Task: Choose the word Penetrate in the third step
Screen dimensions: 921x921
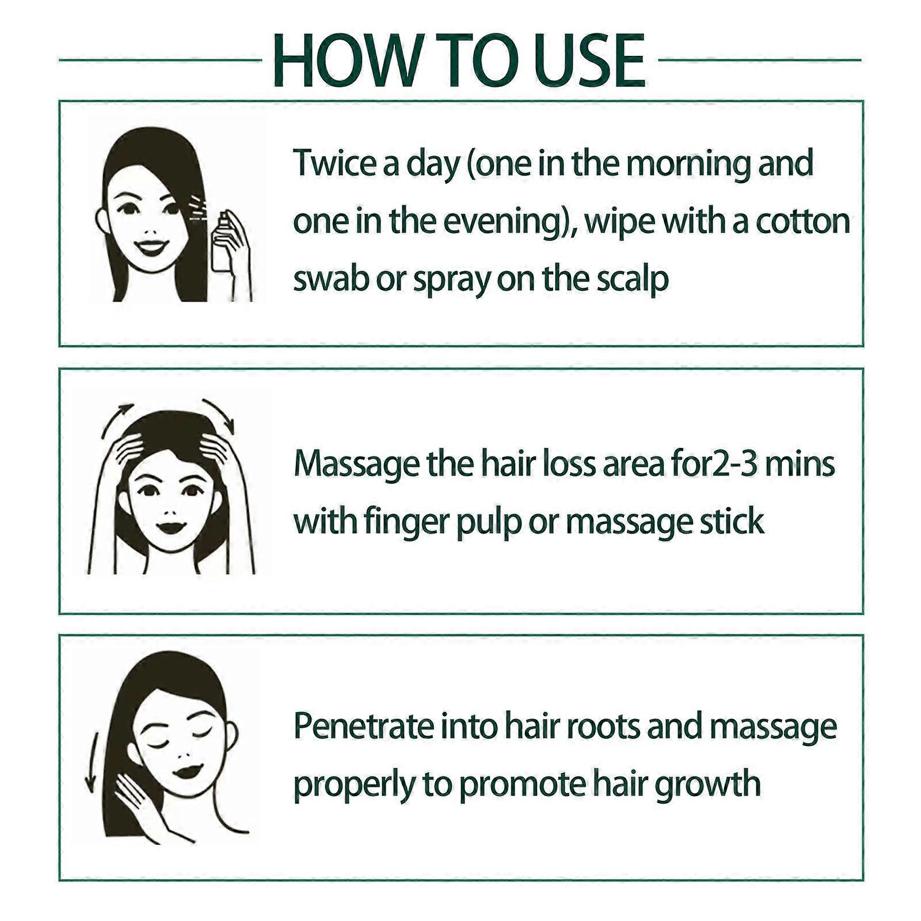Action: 364,726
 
